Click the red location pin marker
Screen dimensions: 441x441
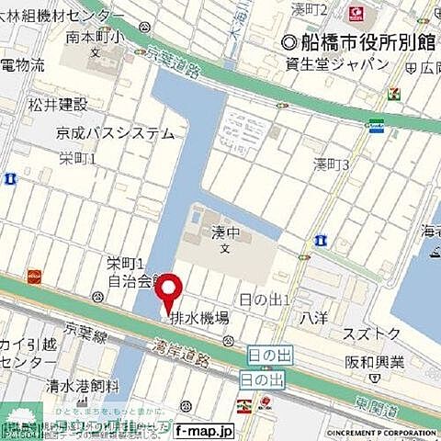tap(167, 296)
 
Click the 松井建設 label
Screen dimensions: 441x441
tap(58, 105)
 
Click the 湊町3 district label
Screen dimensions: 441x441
tap(331, 164)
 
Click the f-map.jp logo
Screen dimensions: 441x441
tap(203, 430)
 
